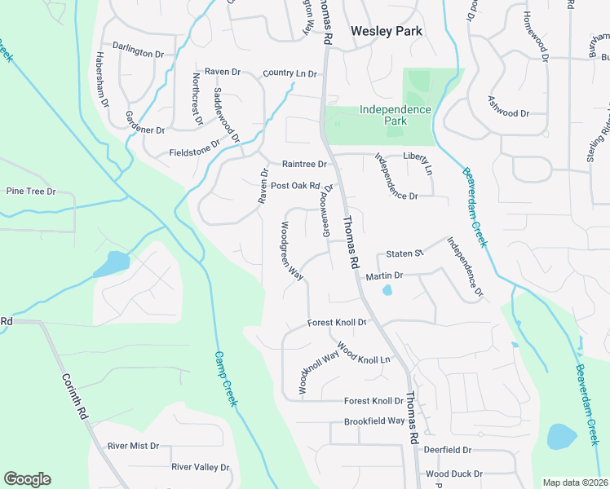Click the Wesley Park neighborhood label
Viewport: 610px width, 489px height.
[x=387, y=31]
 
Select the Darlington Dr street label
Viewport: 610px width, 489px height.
[x=138, y=52]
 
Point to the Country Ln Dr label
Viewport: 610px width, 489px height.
[x=290, y=74]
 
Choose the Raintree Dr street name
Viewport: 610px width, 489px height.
[x=304, y=164]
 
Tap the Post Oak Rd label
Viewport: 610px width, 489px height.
[x=295, y=185]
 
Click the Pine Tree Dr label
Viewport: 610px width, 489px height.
[x=30, y=192]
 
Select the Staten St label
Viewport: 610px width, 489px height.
[x=405, y=254]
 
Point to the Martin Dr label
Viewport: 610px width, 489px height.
[x=385, y=277]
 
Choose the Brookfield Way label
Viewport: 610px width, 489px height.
[x=374, y=421]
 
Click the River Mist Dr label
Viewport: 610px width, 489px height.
[x=133, y=447]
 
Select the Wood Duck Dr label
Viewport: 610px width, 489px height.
[x=454, y=474]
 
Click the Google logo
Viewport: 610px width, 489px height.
[x=27, y=479]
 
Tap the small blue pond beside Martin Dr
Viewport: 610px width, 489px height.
[x=387, y=289]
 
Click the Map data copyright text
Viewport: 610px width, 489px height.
[x=576, y=482]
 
